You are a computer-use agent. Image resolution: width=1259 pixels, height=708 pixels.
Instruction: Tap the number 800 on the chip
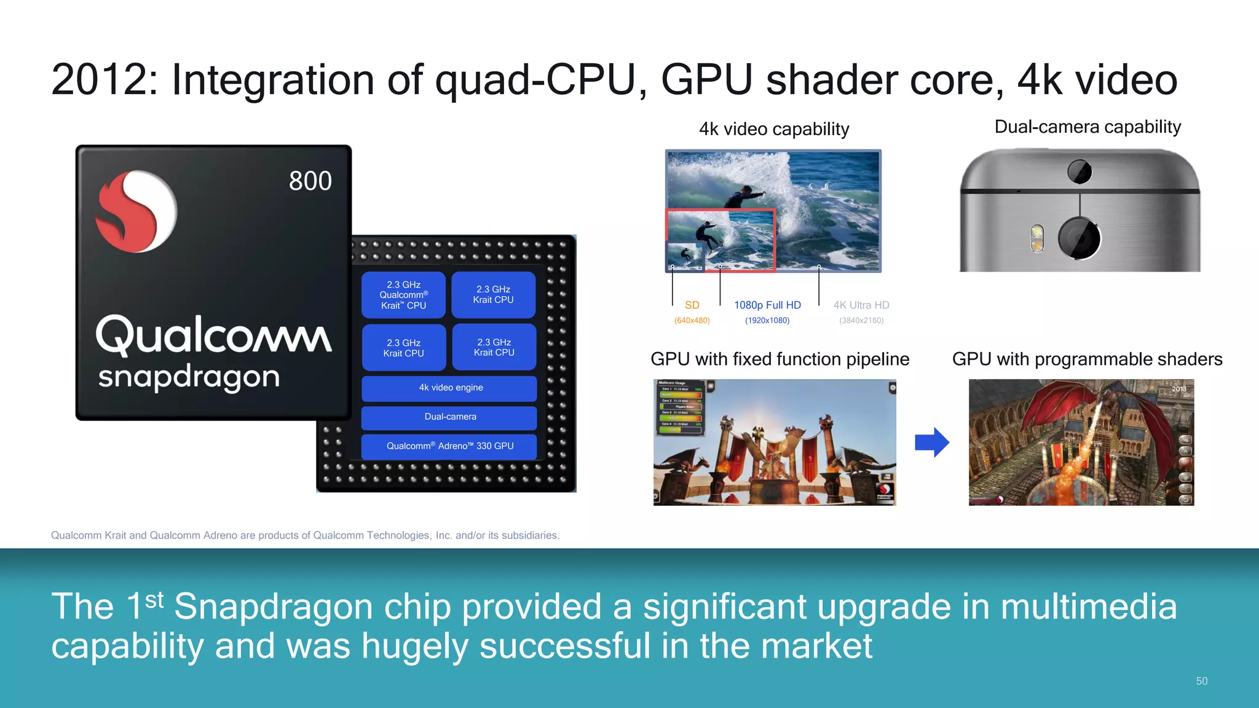(310, 181)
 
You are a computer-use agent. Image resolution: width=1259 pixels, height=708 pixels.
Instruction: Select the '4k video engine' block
(451, 388)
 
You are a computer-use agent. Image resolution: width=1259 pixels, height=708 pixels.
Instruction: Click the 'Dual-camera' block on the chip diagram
(450, 417)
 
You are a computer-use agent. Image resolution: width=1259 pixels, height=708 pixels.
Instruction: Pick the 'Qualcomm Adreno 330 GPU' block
(450, 446)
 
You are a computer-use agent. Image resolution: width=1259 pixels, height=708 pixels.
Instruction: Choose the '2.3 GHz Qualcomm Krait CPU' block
(403, 295)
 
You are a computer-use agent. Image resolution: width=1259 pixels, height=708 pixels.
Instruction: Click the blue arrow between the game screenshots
(931, 442)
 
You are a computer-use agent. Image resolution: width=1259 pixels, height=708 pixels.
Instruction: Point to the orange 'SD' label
(692, 305)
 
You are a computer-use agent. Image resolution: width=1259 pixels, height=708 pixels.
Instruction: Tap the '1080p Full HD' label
(767, 305)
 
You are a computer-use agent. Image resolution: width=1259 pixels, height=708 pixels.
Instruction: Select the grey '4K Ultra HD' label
(861, 305)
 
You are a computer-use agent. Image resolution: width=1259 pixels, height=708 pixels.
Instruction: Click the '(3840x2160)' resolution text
(861, 320)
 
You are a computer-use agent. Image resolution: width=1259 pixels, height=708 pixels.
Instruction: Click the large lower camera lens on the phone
(1079, 238)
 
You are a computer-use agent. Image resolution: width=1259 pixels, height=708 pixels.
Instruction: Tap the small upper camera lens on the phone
(1079, 171)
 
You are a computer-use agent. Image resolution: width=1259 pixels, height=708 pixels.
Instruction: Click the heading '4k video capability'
(774, 129)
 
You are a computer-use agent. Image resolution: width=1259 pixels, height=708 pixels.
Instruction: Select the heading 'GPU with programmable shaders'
(1087, 359)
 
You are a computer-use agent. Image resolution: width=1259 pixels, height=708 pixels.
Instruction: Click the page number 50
(1202, 681)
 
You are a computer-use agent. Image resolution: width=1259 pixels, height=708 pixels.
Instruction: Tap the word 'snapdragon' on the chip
(189, 377)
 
